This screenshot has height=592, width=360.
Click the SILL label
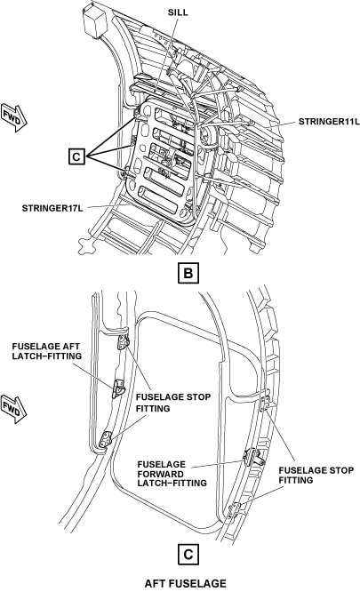[x=178, y=12]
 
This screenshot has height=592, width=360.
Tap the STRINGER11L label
[x=329, y=122]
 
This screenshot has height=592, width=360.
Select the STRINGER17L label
[x=52, y=208]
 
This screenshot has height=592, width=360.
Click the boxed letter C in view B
[x=76, y=156]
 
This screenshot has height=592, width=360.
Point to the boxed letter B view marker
[x=188, y=274]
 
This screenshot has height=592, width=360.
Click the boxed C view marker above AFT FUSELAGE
[x=188, y=555]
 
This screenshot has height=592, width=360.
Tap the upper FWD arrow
[x=14, y=117]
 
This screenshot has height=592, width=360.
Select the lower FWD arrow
[x=14, y=409]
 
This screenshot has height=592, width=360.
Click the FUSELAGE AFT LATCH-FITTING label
[x=47, y=351]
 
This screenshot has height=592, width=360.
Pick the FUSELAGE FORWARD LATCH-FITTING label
[x=172, y=474]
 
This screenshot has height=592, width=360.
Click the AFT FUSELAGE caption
[x=185, y=583]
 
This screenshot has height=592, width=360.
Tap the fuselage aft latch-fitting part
[x=119, y=388]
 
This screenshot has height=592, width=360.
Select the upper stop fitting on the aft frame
[x=124, y=342]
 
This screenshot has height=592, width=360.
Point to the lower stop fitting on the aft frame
[x=106, y=439]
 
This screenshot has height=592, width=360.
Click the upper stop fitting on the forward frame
[x=266, y=402]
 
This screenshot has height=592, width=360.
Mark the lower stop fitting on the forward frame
[x=236, y=509]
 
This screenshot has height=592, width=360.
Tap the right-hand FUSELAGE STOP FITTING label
[x=316, y=475]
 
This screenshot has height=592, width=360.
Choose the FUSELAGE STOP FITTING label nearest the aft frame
[x=173, y=403]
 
